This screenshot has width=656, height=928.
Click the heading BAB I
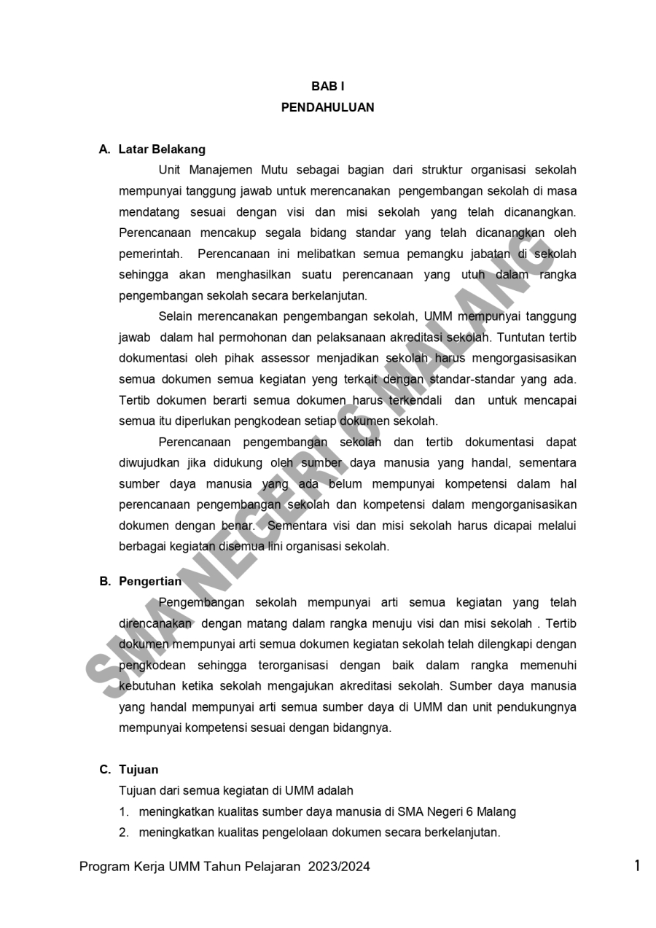click(327, 86)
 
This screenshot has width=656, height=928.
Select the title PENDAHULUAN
click(327, 107)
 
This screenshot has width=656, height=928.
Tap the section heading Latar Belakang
click(162, 149)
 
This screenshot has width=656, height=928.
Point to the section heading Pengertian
click(150, 581)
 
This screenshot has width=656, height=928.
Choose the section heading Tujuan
click(138, 769)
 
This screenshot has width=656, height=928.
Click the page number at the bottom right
click(637, 866)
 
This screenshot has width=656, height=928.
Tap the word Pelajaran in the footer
click(273, 867)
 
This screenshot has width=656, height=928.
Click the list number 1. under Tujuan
click(124, 811)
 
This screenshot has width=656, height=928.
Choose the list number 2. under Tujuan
click(124, 833)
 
